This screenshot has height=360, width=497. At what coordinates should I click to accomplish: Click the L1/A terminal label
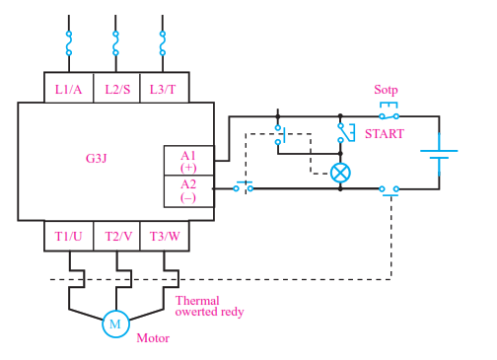pyautogui.click(x=68, y=90)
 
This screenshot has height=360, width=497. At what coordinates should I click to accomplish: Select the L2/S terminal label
pyautogui.click(x=117, y=90)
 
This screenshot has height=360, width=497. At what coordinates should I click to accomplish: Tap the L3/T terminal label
pyautogui.click(x=163, y=90)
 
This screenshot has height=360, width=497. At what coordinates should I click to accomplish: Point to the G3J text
pyautogui.click(x=96, y=159)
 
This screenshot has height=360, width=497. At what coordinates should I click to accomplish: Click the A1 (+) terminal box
pyautogui.click(x=188, y=161)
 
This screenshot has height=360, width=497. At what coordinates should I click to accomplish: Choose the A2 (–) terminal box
pyautogui.click(x=188, y=191)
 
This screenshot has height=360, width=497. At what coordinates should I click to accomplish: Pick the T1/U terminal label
pyautogui.click(x=68, y=236)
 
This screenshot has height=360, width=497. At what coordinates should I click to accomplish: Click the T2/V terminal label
pyautogui.click(x=118, y=236)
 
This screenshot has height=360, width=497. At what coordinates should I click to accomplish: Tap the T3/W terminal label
pyautogui.click(x=165, y=236)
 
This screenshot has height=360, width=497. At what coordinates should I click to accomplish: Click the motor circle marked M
pyautogui.click(x=115, y=324)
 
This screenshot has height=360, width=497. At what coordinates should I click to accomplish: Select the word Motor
pyautogui.click(x=153, y=338)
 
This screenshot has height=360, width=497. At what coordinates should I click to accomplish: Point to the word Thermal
pyautogui.click(x=197, y=301)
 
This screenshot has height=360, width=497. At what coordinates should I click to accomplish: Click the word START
pyautogui.click(x=385, y=134)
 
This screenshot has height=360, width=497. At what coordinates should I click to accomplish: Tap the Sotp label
pyautogui.click(x=386, y=90)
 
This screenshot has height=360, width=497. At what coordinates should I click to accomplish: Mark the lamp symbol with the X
pyautogui.click(x=340, y=173)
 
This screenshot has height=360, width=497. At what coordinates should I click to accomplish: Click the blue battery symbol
pyautogui.click(x=439, y=154)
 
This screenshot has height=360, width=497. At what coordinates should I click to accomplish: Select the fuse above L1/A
pyautogui.click(x=69, y=43)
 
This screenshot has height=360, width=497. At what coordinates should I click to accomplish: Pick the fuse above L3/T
pyautogui.click(x=163, y=43)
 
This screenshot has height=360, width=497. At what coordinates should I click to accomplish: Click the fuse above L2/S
pyautogui.click(x=115, y=43)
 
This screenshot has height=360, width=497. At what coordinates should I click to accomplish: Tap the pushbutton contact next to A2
pyautogui.click(x=244, y=187)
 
